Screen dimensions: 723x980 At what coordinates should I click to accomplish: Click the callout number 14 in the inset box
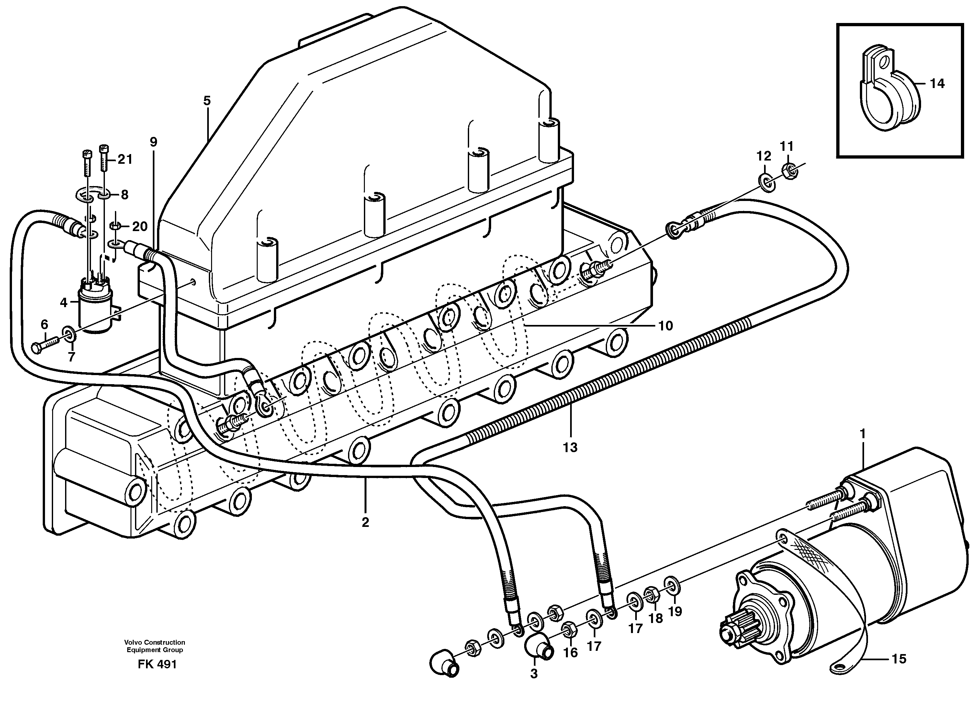(937, 83)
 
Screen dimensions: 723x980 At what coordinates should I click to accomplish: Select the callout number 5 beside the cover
(207, 101)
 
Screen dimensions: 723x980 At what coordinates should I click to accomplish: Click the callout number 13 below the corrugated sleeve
(571, 447)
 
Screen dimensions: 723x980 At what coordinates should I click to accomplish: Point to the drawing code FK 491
(157, 664)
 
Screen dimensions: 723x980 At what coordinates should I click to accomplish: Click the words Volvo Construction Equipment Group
(154, 646)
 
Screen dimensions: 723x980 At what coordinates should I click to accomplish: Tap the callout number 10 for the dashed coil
(665, 326)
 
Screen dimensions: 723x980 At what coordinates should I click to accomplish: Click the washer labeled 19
(671, 586)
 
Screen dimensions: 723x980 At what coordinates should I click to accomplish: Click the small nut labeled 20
(116, 226)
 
